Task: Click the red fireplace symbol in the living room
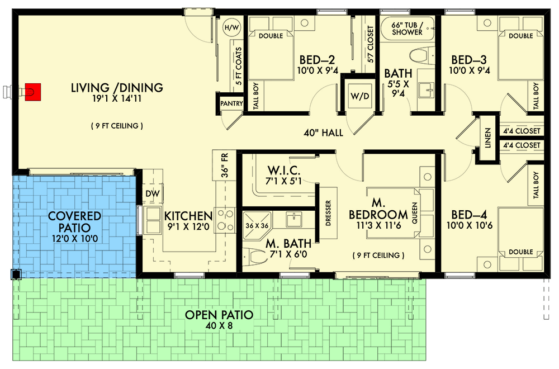[33, 92]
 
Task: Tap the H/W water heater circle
[232, 28]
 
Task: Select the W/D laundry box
[359, 96]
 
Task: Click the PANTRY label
[231, 103]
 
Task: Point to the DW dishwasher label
[153, 194]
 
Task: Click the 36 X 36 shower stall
[257, 225]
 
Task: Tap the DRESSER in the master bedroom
[328, 213]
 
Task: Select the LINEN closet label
[487, 138]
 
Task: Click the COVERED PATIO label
[74, 222]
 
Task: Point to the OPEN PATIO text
[219, 315]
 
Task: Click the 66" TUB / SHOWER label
[407, 29]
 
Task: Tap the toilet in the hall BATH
[421, 56]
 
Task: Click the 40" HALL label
[323, 133]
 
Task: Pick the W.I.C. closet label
[284, 170]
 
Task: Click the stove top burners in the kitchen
[225, 220]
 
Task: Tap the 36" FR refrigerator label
[224, 165]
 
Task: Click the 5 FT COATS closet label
[238, 66]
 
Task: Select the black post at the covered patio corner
[16, 274]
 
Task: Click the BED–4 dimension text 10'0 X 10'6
[470, 225]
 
